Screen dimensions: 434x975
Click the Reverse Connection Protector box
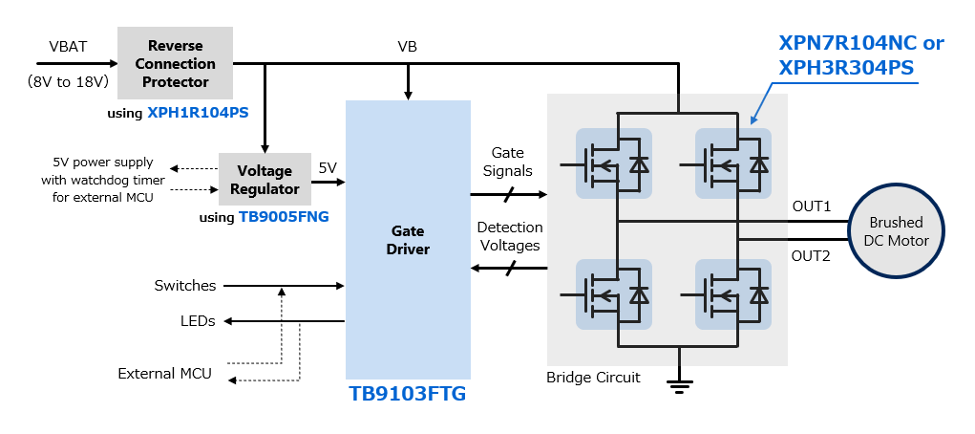175,63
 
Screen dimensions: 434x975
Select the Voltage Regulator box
265,180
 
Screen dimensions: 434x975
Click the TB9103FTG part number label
408,393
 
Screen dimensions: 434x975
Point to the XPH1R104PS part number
198,113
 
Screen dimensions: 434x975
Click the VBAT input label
68,47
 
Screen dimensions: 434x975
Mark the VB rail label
407,46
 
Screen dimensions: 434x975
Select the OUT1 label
812,206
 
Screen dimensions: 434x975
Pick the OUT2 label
812,255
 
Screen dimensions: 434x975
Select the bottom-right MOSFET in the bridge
733,294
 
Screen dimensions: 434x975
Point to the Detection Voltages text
510,236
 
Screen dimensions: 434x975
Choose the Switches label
185,286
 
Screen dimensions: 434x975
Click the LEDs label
198,321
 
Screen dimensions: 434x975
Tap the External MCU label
164,373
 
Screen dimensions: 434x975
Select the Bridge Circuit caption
593,378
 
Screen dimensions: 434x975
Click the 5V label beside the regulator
328,167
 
